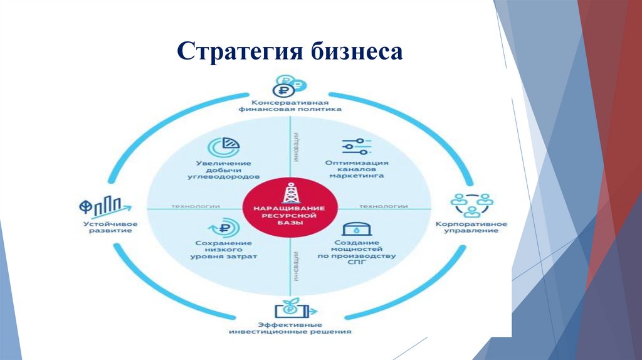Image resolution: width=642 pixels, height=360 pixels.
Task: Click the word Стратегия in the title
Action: tap(238, 51)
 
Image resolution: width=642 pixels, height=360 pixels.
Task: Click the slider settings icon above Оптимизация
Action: tap(356, 146)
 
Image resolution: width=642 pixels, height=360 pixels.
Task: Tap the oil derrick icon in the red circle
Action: tap(290, 191)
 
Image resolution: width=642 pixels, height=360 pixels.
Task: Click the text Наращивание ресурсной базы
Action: tap(289, 216)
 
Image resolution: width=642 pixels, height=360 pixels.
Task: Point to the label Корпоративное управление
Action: tap(472, 227)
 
